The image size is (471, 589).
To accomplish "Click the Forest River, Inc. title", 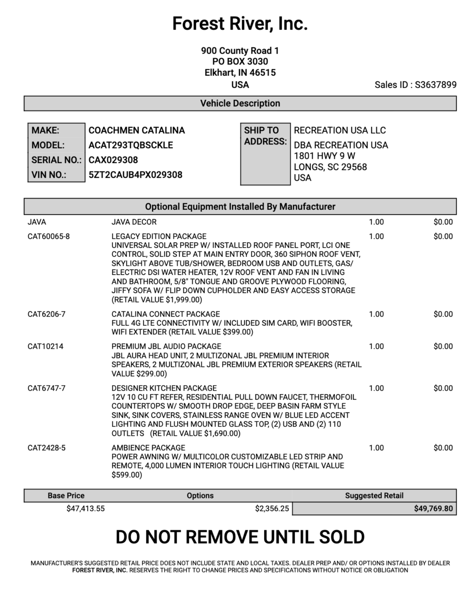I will [x=240, y=24].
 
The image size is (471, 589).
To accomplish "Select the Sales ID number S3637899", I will [x=436, y=85].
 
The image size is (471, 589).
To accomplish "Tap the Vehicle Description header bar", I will [x=240, y=104].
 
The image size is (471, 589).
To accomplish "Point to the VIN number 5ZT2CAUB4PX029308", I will [x=135, y=175].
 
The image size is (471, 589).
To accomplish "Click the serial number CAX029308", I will [x=113, y=160].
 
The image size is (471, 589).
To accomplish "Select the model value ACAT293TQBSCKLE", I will [x=131, y=145].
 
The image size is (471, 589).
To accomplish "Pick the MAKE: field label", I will [x=46, y=130].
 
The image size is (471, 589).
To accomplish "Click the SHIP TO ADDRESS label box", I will [x=265, y=153].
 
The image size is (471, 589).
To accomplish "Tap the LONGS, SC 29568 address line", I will [x=330, y=167].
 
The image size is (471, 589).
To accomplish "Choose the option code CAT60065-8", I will [x=49, y=236].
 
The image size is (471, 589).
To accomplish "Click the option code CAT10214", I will [x=46, y=346].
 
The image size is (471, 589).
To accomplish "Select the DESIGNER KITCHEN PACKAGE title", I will [x=164, y=388].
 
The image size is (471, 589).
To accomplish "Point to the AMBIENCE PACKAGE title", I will [x=148, y=448].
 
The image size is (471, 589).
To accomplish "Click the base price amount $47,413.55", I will [x=85, y=509].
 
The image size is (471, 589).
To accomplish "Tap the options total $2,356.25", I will [x=272, y=509].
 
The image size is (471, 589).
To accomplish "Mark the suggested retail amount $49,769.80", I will [x=433, y=509].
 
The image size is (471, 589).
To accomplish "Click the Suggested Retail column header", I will [x=374, y=495].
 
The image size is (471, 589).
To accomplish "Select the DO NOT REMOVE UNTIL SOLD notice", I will [x=240, y=537].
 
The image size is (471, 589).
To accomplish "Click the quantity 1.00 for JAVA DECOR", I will [x=376, y=222].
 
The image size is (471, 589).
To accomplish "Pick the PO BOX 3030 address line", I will [x=240, y=61].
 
